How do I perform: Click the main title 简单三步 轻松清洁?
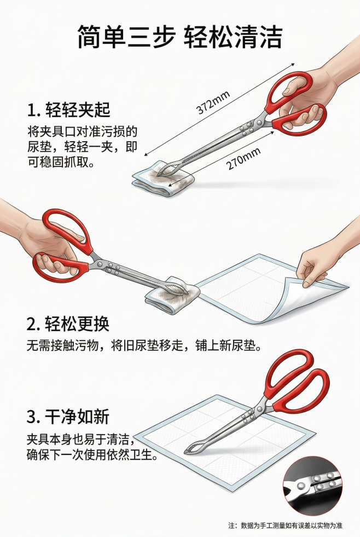click(x=179, y=37)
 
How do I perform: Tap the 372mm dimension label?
click(x=213, y=102)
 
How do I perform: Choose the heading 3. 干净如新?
click(x=68, y=417)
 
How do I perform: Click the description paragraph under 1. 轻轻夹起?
click(x=82, y=147)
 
